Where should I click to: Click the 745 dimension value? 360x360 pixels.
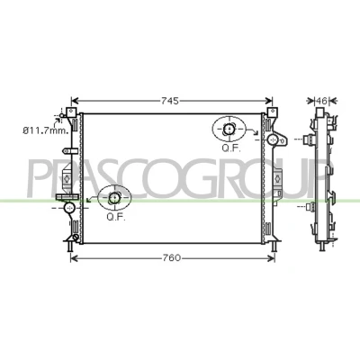(170, 101)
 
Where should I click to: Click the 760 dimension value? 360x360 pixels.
(172, 257)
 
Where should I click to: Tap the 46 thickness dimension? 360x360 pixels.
(321, 101)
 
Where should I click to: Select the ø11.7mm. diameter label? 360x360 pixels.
(46, 130)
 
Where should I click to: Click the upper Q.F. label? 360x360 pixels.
(231, 148)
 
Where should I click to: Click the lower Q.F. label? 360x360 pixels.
(116, 217)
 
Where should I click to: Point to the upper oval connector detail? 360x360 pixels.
(229, 130)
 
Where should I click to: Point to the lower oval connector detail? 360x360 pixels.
(114, 198)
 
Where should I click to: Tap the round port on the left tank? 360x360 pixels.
(69, 207)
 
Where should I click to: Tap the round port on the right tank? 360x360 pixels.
(273, 139)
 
